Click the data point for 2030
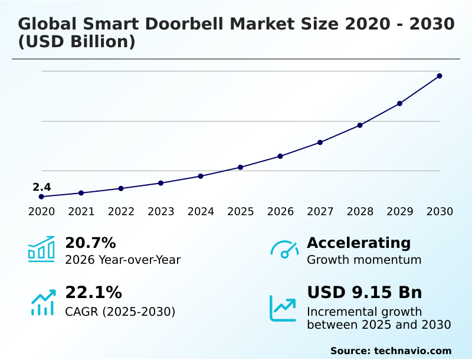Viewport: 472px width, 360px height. tap(440, 76)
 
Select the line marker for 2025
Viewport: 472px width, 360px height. tap(241, 168)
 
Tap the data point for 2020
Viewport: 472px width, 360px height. tap(41, 197)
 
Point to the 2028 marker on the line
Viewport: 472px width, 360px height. tap(360, 125)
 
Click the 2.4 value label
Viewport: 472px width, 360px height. tap(41, 188)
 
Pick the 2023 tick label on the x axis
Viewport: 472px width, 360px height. tap(161, 212)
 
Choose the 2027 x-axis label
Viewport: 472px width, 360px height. tap(320, 212)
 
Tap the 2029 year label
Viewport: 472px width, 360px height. tap(400, 212)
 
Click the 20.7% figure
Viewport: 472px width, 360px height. tap(90, 243)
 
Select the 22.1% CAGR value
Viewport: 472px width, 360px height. tap(93, 293)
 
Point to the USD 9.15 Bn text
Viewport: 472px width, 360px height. tap(365, 293)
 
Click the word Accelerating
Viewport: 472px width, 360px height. tap(359, 243)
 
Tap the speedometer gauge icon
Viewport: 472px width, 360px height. tap(284, 249)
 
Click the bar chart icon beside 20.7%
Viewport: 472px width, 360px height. tap(41, 249)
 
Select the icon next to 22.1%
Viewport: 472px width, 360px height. tap(42, 302)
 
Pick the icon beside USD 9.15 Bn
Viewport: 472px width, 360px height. tap(283, 308)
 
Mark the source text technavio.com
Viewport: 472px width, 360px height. tap(412, 351)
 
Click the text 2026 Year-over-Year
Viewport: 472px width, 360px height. tap(123, 260)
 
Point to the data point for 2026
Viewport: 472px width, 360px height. tap(280, 156)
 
